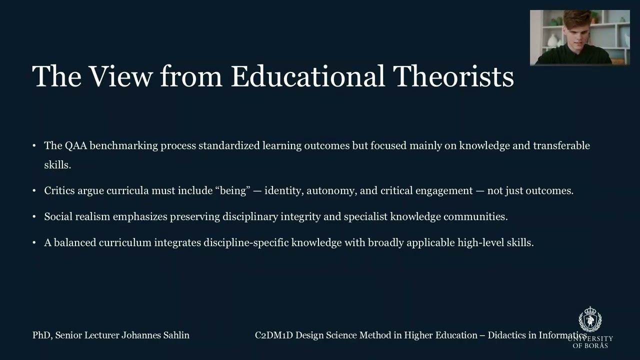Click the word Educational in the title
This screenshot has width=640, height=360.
pyautogui.click(x=307, y=76)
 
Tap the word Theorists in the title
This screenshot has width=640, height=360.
pyautogui.click(x=453, y=76)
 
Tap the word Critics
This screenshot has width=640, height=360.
pyautogui.click(x=59, y=190)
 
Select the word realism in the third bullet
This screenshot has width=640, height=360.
pyautogui.click(x=92, y=216)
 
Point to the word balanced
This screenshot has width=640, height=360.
pyautogui.click(x=75, y=242)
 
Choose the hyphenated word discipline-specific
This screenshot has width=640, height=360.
pyautogui.click(x=246, y=242)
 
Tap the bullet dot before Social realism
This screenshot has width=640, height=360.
pyautogui.click(x=34, y=217)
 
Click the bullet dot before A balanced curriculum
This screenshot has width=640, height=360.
pyautogui.click(x=34, y=243)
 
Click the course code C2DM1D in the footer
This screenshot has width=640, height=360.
pyautogui.click(x=273, y=335)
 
